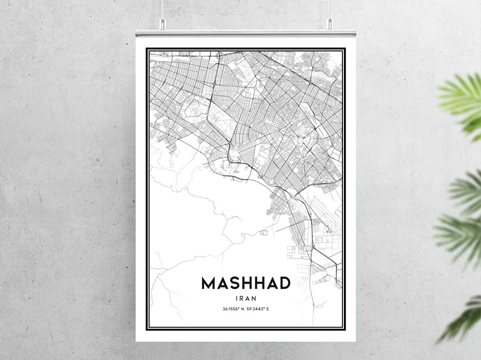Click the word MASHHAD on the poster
(246, 283)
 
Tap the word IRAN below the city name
(246, 298)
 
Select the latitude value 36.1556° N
(233, 309)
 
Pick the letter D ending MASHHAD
(284, 283)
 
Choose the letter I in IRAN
(237, 298)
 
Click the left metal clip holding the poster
(162, 24)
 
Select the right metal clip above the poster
(330, 24)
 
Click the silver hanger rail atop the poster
(246, 33)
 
